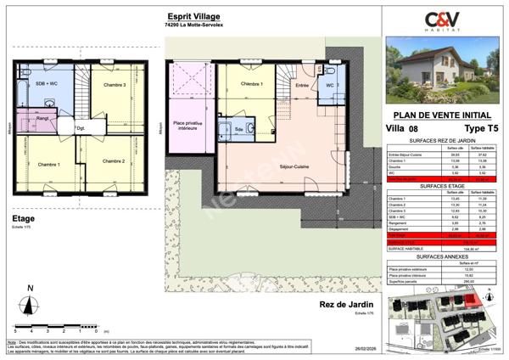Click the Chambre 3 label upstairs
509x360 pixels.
(114, 86)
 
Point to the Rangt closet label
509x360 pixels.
(42, 119)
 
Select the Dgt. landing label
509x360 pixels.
(81, 128)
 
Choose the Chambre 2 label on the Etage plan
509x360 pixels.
(114, 161)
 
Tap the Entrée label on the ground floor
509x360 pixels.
(301, 86)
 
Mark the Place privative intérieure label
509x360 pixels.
(191, 129)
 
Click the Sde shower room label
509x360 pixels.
(239, 128)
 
